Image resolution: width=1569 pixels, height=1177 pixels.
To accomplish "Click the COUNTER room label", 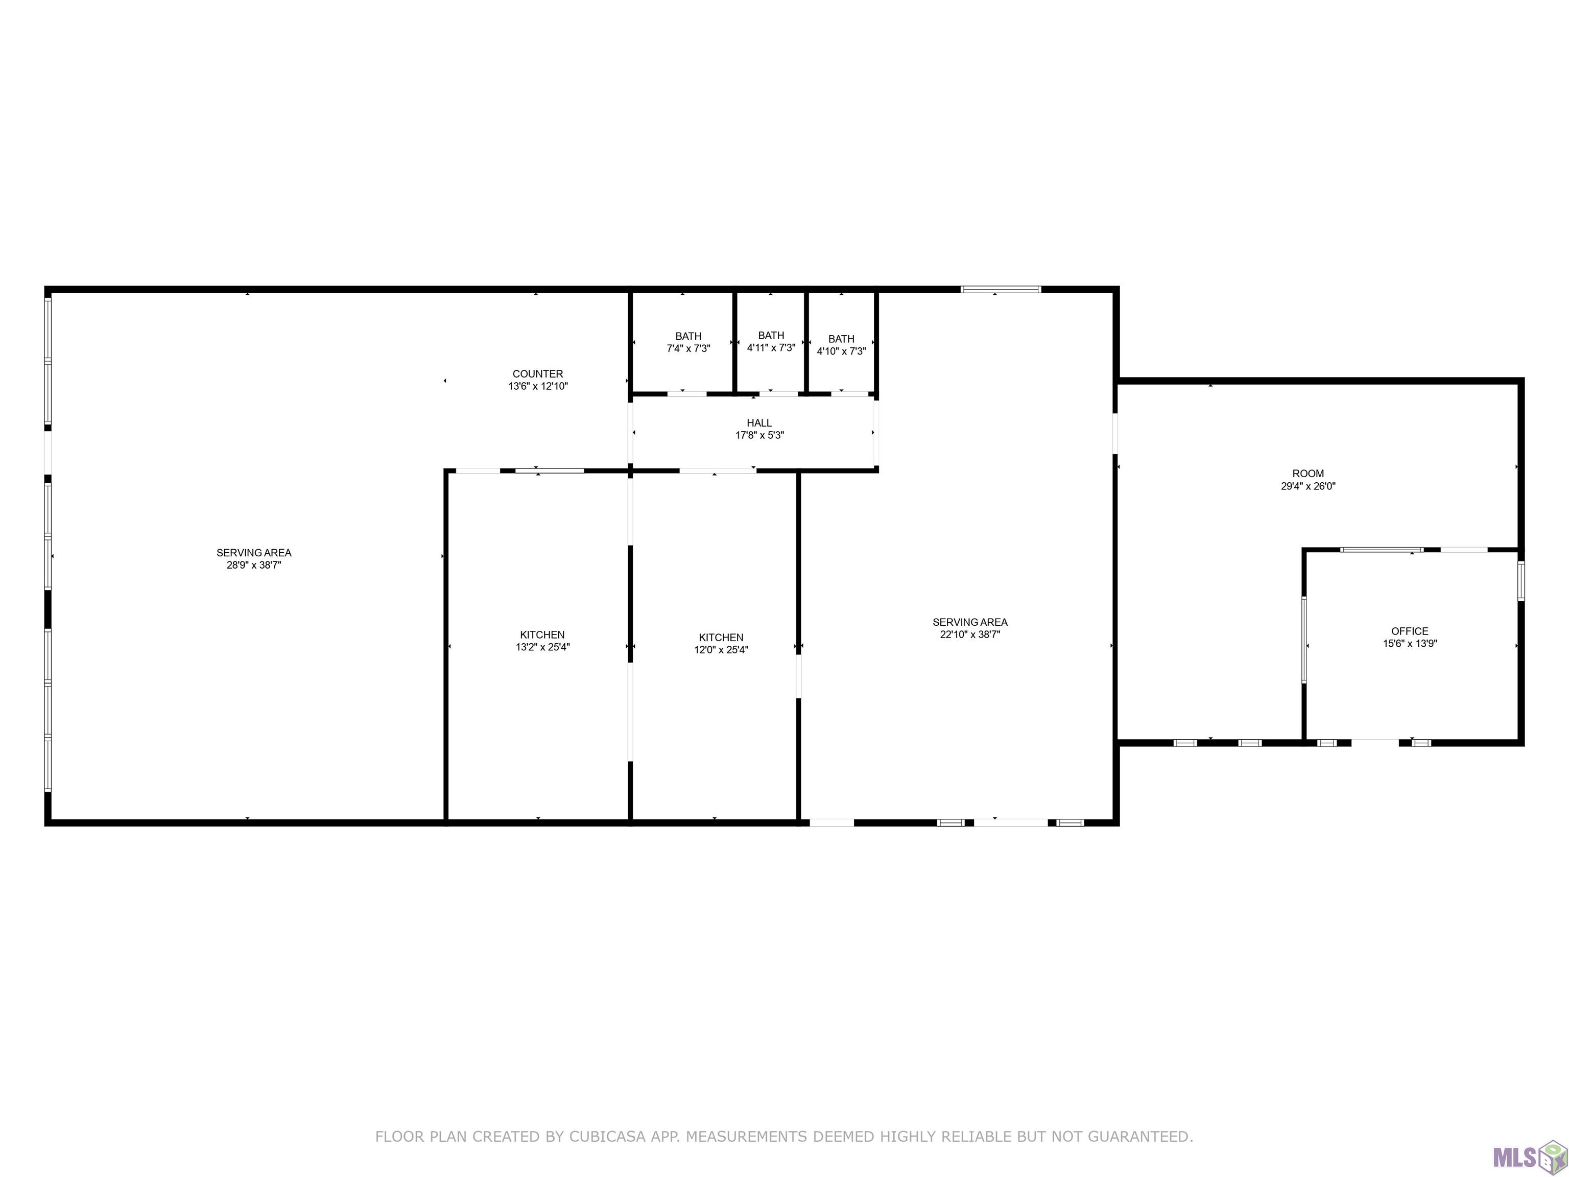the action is coord(538,374).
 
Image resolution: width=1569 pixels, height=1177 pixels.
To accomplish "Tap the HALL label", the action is coord(759,423).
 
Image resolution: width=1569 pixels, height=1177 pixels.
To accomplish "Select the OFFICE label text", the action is coord(1410,631).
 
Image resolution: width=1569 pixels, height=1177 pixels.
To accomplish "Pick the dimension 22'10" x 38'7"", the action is coord(969,635).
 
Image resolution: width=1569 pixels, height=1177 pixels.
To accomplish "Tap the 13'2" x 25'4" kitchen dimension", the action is coord(542,647).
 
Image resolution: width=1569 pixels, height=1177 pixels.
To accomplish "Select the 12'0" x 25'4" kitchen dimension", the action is coord(721,650).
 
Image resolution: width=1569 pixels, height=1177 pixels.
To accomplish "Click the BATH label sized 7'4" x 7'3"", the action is coord(688,336).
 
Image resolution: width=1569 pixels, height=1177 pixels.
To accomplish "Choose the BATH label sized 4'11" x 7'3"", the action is coord(771,336).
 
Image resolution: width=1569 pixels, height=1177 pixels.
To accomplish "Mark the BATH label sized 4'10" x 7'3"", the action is coord(841,339).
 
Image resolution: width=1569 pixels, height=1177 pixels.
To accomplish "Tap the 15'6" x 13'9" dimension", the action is coord(1410,644).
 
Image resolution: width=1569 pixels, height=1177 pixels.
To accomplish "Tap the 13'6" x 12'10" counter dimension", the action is coord(538,387).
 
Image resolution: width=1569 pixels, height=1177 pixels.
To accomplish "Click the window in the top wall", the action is coord(1001,289).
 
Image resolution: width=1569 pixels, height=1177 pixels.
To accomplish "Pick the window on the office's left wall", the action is coord(1304,640).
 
